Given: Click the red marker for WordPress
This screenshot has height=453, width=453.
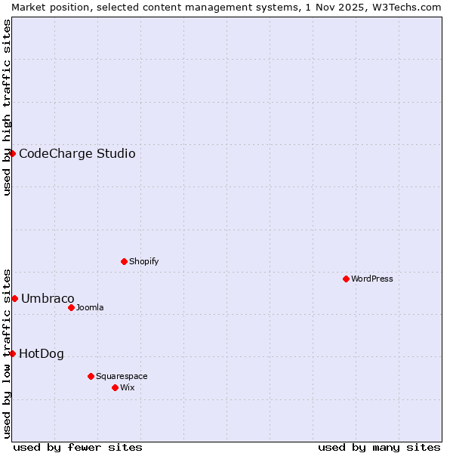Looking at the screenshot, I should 346,279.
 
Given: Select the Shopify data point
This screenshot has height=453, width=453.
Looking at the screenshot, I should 124,261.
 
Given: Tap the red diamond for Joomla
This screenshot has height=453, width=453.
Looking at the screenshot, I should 71,307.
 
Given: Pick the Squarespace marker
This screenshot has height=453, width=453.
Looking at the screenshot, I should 91,376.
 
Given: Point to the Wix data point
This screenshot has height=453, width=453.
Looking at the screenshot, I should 115,387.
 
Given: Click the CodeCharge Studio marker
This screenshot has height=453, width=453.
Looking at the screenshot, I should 12,153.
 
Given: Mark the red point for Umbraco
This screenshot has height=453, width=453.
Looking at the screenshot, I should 14,298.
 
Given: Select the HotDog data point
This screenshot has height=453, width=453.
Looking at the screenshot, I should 12,353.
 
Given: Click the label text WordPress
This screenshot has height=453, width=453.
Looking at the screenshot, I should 372,279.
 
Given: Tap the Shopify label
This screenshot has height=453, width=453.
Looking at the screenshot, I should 143,261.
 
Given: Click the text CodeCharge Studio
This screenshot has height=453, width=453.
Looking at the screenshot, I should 77,154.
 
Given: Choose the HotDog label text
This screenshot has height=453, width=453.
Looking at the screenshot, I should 42,354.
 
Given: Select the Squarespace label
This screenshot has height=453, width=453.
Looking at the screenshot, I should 122,376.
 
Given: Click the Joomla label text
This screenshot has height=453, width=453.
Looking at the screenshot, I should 90,307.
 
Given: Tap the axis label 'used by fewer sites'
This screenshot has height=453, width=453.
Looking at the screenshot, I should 78,447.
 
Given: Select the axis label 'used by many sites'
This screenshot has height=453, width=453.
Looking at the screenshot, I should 379,447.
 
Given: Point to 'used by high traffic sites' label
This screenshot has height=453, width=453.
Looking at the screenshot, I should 7,107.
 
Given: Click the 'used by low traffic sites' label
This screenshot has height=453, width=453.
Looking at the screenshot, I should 7,353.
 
